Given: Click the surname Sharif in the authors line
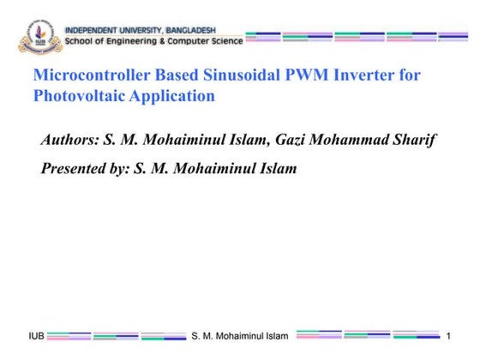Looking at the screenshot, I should [x=414, y=140].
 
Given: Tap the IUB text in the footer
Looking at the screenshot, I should [x=36, y=335].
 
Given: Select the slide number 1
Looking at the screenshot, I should [x=448, y=335].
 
